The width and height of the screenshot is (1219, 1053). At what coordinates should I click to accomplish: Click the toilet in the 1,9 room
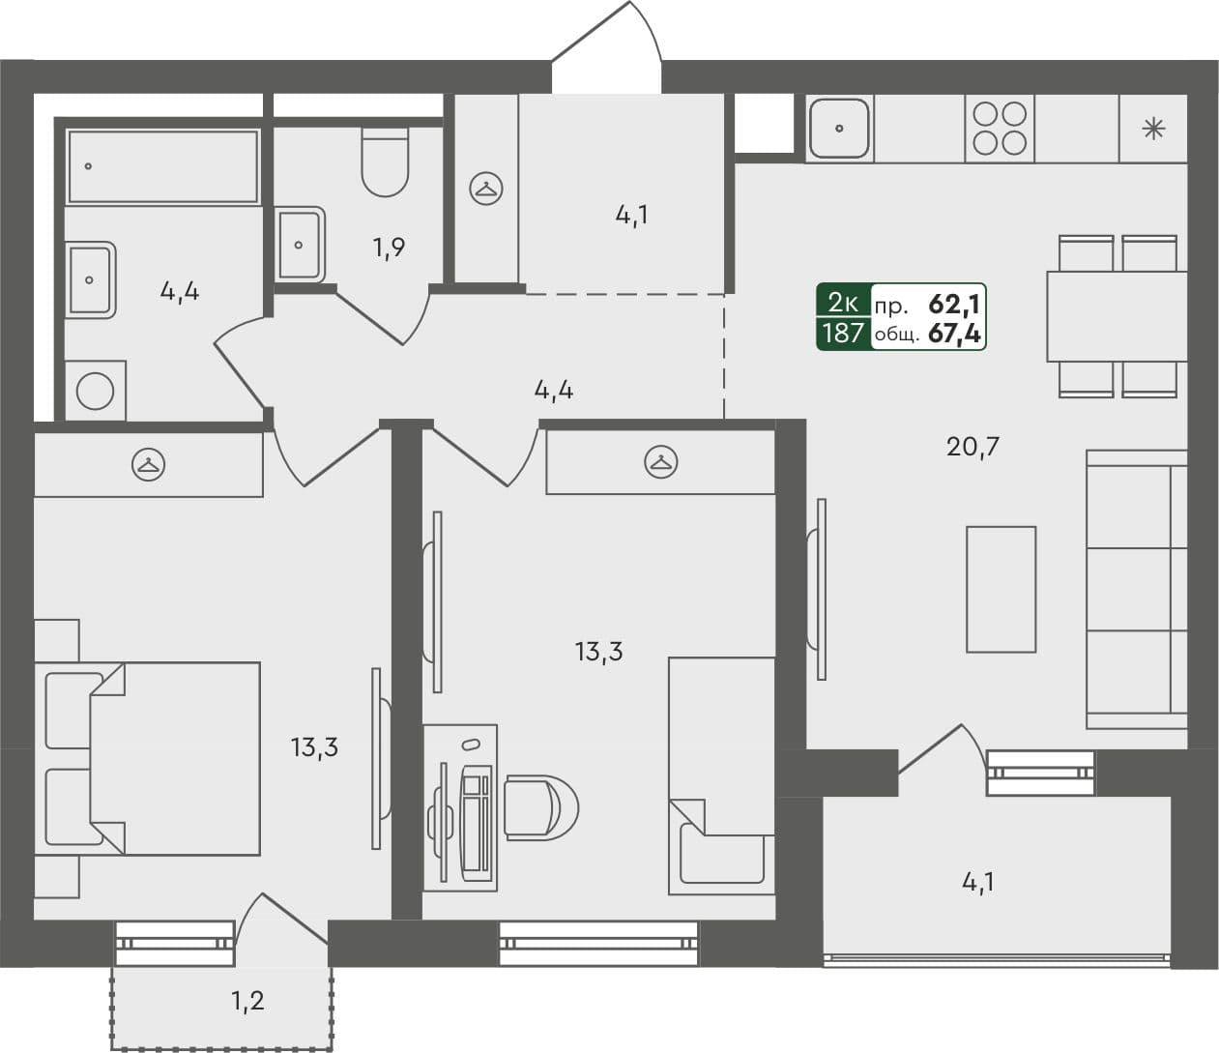tap(385, 161)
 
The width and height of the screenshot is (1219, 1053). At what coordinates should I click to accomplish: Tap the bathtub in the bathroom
tap(162, 166)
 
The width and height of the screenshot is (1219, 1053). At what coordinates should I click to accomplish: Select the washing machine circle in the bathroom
tap(95, 392)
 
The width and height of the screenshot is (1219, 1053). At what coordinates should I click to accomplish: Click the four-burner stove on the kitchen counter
tap(1000, 129)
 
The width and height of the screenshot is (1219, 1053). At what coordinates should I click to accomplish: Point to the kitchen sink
tap(839, 128)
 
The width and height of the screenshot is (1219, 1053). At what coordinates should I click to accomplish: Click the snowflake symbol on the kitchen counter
tap(1153, 129)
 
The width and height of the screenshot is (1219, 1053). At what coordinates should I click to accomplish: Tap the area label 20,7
tap(973, 447)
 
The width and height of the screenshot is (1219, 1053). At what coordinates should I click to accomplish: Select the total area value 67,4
tap(954, 335)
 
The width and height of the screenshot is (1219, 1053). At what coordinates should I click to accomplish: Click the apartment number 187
tap(842, 335)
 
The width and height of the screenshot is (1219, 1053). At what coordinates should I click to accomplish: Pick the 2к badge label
tap(842, 304)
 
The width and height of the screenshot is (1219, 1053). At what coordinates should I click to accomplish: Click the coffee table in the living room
tap(1001, 589)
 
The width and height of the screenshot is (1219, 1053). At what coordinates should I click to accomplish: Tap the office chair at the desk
tap(540, 806)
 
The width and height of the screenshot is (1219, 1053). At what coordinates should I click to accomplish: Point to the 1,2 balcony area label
tap(247, 1001)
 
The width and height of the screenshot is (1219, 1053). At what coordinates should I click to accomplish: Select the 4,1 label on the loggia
tap(977, 882)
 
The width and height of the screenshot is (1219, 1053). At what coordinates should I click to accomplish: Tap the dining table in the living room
tap(1117, 316)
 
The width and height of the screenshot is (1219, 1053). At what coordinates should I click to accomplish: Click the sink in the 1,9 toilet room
tap(300, 244)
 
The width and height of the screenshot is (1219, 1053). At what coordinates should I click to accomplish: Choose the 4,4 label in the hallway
tap(554, 391)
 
